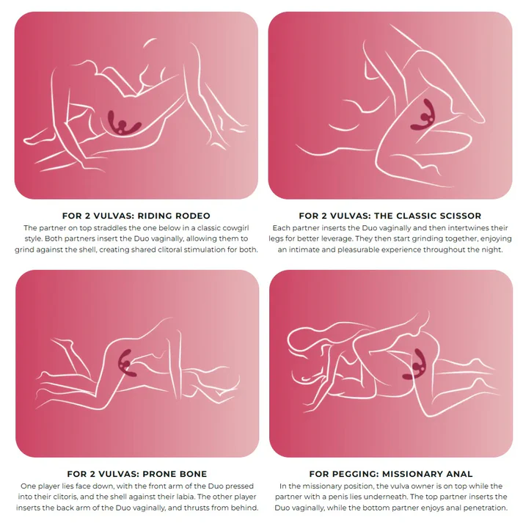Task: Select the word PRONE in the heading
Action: [x=158, y=474]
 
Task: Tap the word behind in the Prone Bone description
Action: [x=246, y=508]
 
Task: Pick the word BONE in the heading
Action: [x=192, y=474]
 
